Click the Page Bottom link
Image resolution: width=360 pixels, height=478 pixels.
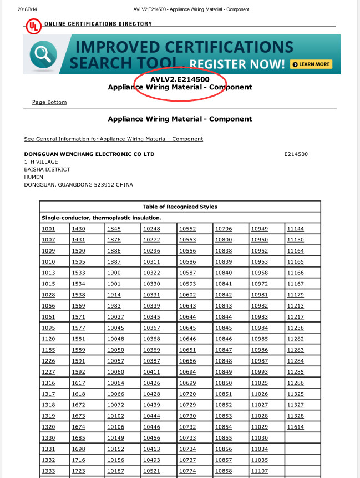click(49, 102)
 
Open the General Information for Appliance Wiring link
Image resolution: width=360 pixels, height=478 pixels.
click(113, 139)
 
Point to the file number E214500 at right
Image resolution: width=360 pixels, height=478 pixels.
click(296, 154)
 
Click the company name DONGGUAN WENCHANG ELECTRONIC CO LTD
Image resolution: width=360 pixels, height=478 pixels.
click(89, 154)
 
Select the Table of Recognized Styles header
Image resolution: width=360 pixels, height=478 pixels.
click(180, 207)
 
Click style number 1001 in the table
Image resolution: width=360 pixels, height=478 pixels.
click(48, 229)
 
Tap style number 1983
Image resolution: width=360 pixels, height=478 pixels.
click(114, 306)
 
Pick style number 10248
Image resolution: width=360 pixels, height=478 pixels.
click(151, 229)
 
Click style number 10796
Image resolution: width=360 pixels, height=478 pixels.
click(224, 229)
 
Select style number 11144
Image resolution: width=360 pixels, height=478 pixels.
click(295, 229)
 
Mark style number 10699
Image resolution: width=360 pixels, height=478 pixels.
click(187, 383)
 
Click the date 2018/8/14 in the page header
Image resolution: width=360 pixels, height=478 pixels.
click(26, 9)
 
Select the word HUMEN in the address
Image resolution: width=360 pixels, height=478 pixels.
click(34, 177)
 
